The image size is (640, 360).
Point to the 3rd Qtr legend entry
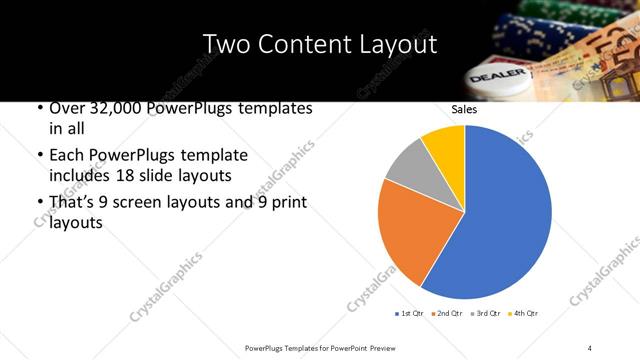click(483, 314)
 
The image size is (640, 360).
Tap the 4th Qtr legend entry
click(522, 314)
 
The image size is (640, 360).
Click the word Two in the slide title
click(227, 45)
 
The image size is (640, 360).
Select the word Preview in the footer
click(388, 347)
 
